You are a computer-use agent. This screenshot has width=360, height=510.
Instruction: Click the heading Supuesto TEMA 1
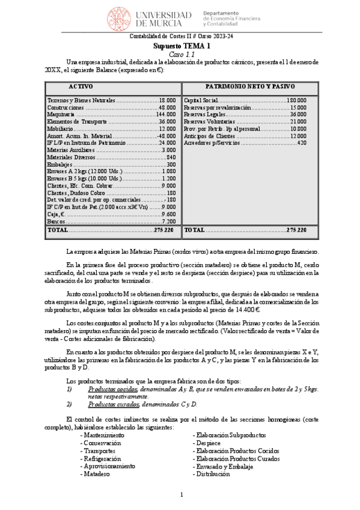point(180,46)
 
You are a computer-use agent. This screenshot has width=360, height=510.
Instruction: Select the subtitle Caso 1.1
point(180,54)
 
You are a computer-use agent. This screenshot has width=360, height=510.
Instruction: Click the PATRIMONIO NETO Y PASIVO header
point(245,87)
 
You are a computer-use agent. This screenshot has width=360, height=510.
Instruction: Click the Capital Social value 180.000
point(296,100)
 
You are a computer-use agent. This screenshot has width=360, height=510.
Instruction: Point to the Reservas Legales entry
point(245,114)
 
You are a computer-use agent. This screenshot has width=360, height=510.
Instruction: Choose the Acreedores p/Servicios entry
point(245,143)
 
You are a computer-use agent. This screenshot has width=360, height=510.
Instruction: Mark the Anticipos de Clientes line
point(245,136)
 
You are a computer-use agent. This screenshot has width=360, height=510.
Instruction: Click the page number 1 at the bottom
point(181,494)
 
